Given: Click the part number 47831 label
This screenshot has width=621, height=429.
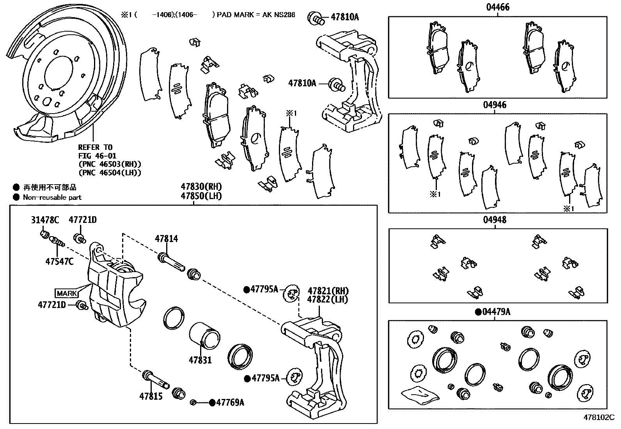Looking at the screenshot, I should [x=200, y=360].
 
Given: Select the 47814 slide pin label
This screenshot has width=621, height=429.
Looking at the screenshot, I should [x=166, y=238].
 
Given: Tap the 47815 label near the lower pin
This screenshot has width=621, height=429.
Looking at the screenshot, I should [x=151, y=396].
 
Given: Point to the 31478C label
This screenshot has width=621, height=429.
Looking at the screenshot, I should [x=45, y=220].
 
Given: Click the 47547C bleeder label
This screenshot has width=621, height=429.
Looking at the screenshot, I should [x=59, y=261].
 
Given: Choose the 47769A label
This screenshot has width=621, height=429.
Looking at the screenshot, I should [x=230, y=402].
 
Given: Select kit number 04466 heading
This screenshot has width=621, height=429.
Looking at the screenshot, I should [x=497, y=7].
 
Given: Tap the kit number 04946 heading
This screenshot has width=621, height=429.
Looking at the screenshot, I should [x=495, y=105].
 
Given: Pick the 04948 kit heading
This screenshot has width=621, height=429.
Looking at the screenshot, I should [x=495, y=220].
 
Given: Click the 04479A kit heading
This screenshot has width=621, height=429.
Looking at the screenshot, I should [x=496, y=312].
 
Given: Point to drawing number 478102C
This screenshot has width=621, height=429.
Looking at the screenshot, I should [x=599, y=417].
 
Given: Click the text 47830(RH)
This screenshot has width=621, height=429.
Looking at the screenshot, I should [x=201, y=187].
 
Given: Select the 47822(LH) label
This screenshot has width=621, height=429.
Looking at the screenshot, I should [x=328, y=299].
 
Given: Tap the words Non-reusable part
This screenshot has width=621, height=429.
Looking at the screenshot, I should [x=52, y=197].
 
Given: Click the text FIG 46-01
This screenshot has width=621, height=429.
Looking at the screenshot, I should [x=95, y=155].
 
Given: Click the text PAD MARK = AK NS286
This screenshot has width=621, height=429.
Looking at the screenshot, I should [x=256, y=15].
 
